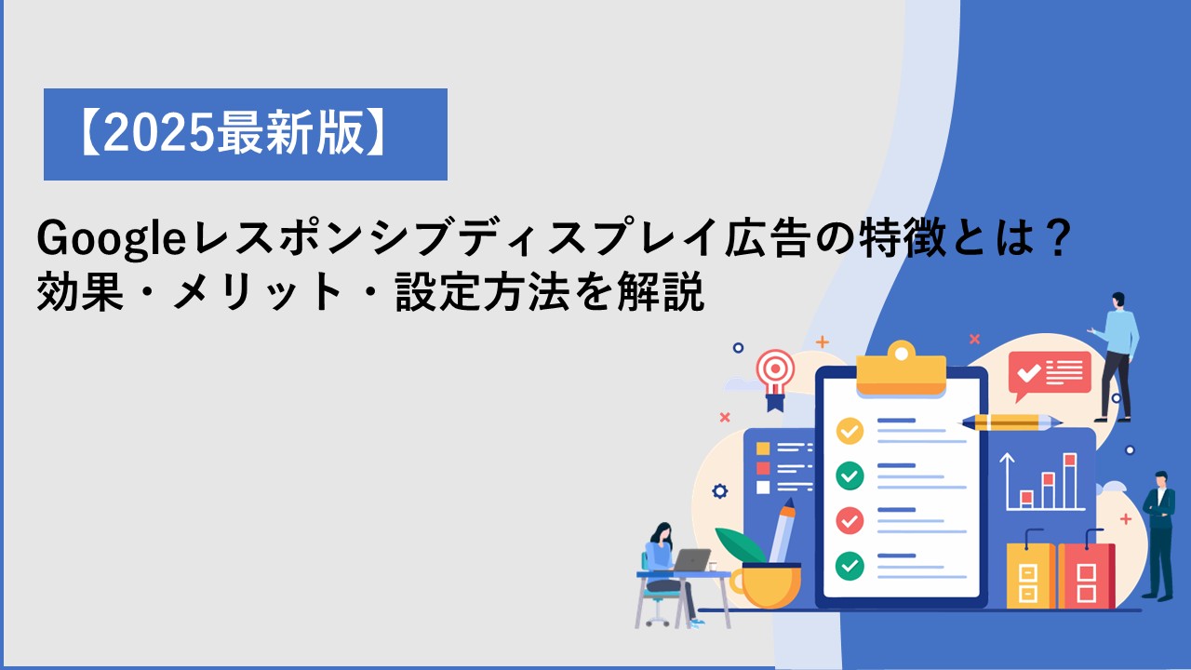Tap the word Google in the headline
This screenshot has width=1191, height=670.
[111, 239]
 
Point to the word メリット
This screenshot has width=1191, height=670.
[258, 291]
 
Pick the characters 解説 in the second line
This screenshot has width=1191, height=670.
[661, 291]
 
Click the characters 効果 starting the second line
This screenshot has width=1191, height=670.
[80, 291]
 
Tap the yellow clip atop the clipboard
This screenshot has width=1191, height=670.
[902, 368]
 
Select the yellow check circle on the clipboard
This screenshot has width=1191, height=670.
[850, 431]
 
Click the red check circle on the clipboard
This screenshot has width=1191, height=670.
[850, 520]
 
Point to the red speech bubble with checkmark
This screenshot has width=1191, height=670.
[1049, 375]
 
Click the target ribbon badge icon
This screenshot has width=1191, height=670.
[775, 379]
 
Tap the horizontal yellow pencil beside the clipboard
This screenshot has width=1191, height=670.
[1010, 422]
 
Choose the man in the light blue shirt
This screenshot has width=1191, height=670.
[1116, 356]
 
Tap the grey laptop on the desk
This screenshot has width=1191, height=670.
[690, 560]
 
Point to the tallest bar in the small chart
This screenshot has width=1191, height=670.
[1070, 481]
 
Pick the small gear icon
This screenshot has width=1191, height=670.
[719, 490]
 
